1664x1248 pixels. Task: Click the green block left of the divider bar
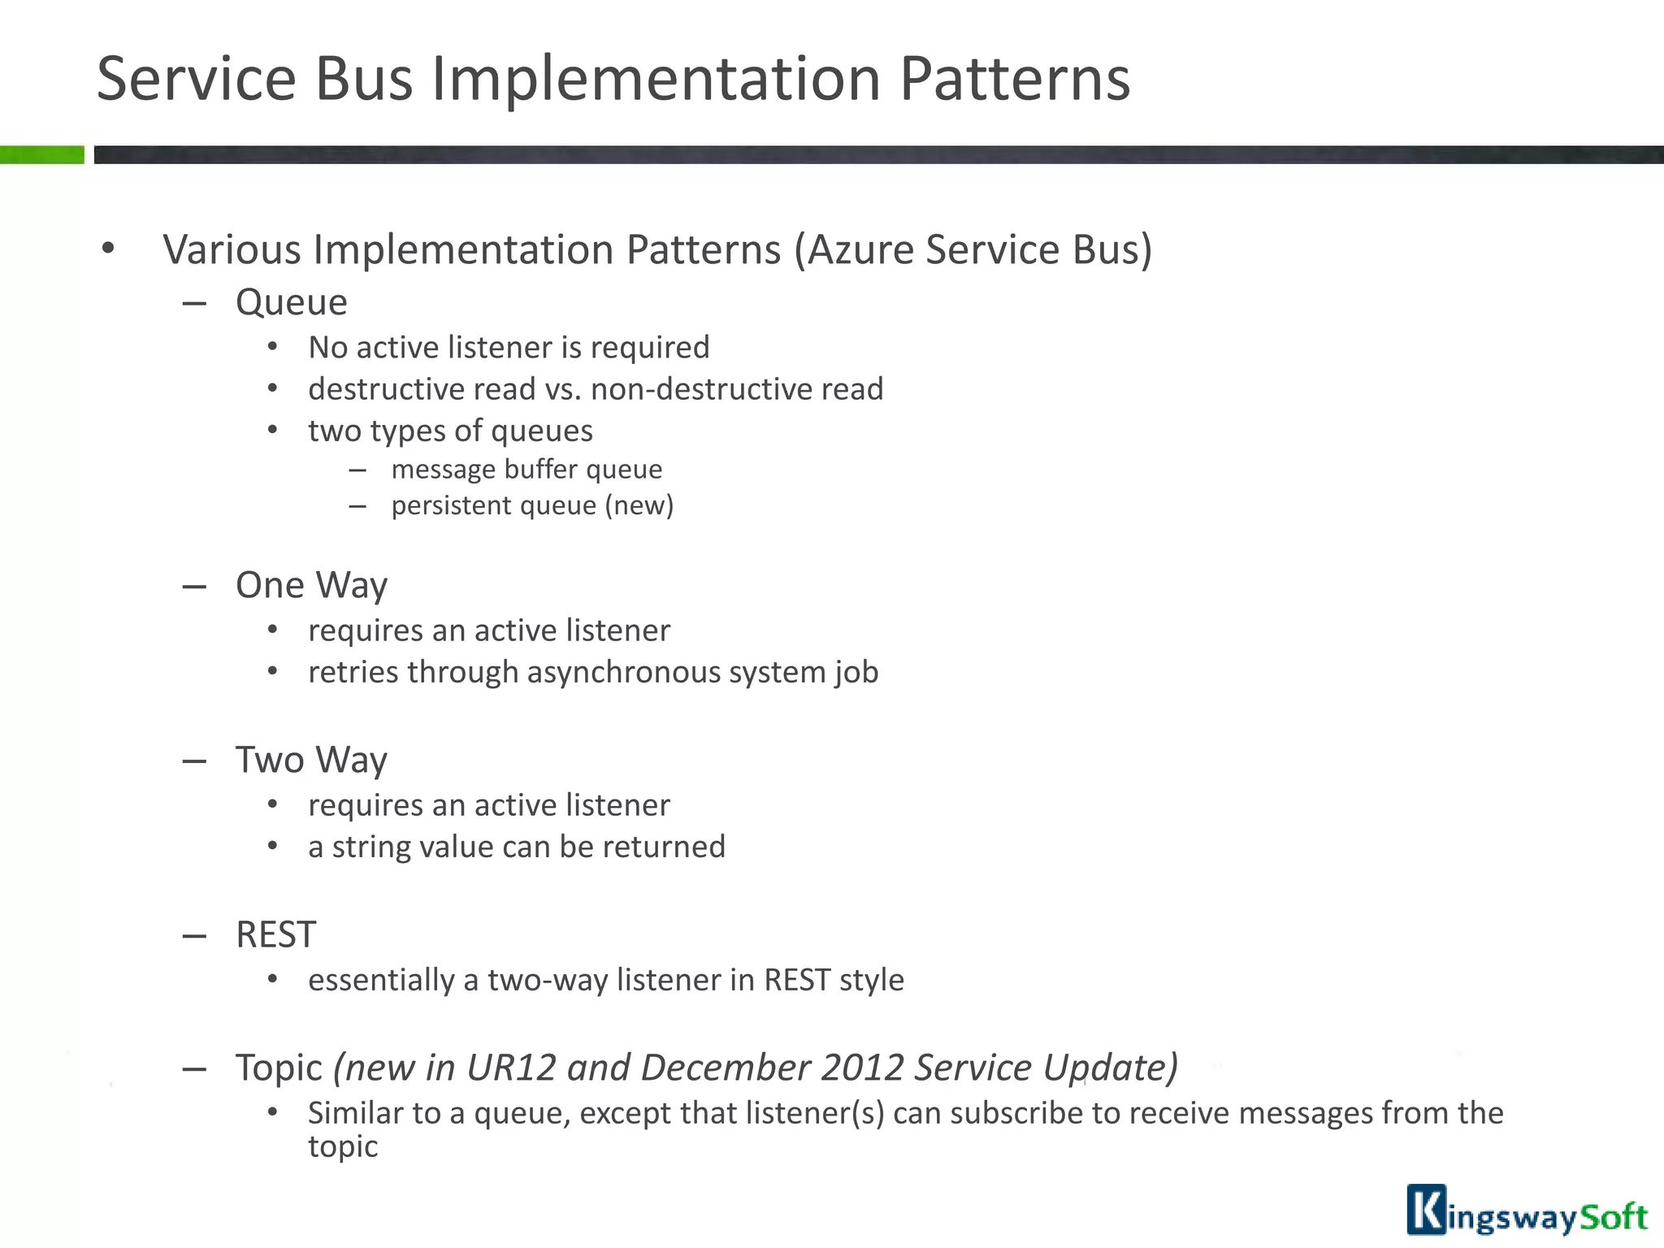point(41,154)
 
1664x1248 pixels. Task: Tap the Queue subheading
point(291,302)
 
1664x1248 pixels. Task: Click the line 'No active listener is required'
point(509,348)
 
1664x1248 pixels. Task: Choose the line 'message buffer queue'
point(526,470)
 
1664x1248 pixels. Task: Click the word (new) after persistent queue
point(639,505)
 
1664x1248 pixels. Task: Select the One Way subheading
point(311,585)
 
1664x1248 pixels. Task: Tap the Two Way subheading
point(311,760)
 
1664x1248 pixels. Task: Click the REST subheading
point(275,934)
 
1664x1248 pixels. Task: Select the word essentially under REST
point(380,981)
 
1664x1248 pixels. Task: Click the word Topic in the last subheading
point(279,1068)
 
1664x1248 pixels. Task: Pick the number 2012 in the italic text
point(862,1068)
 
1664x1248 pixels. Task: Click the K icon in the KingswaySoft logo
point(1427,1210)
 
